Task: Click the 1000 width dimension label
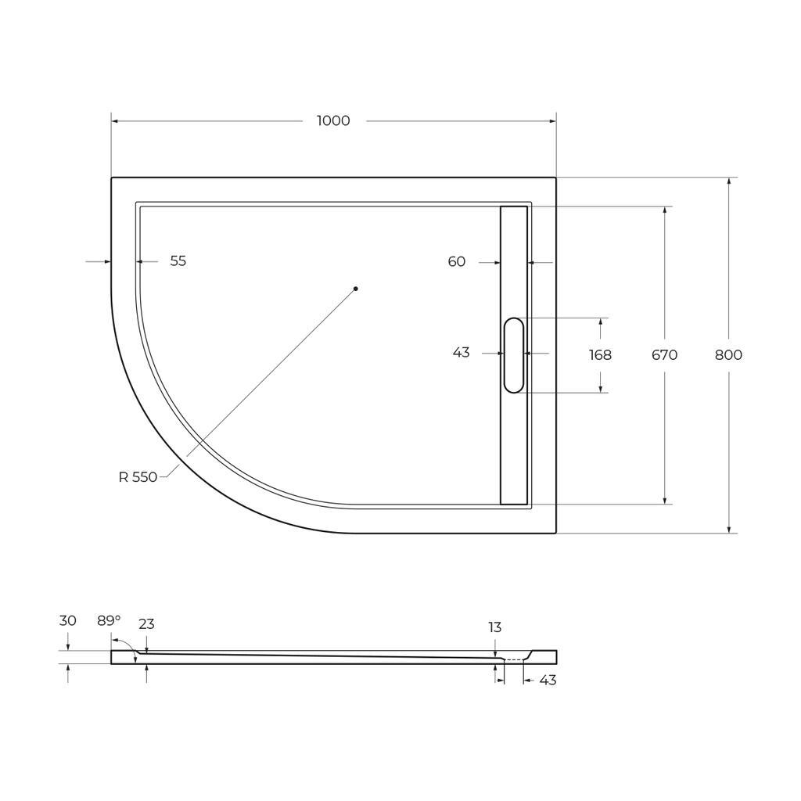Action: pos(333,121)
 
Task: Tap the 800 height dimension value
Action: pos(728,355)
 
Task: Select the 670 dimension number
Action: pos(664,355)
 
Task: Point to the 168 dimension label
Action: pos(600,355)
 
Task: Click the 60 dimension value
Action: pos(457,261)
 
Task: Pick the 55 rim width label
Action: pos(178,261)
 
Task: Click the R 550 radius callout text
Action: pos(138,477)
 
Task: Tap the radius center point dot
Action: pos(356,289)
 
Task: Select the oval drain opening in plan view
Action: pos(514,356)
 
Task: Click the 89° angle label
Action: pos(109,620)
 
